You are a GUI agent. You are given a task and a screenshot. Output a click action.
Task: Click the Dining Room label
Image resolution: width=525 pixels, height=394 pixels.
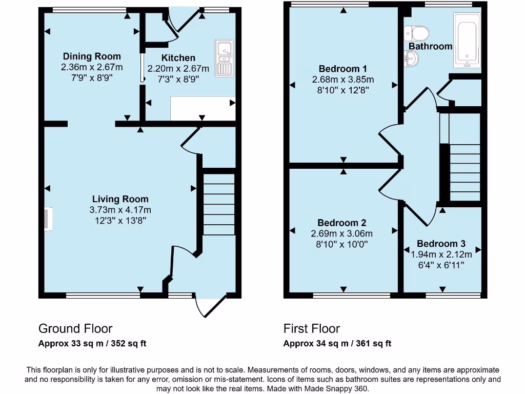pos(92,56)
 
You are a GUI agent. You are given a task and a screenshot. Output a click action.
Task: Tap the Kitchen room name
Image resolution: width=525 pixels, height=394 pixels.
pos(178,58)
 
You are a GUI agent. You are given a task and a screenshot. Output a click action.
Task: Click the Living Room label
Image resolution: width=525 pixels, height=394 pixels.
pos(120,199)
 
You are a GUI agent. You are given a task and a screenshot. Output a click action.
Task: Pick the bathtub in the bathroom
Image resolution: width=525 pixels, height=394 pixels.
pos(466,41)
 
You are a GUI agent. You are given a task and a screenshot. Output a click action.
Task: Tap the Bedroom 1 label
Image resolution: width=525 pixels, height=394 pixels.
pos(343,69)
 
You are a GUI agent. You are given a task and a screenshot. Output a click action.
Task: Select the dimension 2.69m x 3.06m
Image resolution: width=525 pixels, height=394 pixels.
pos(342,233)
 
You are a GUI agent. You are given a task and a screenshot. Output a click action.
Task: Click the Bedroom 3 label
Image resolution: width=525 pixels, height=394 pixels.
pos(441,244)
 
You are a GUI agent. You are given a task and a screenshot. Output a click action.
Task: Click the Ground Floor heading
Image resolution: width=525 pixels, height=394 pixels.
pos(75,328)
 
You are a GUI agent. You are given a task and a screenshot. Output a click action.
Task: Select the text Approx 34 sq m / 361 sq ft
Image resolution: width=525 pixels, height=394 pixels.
pos(337,344)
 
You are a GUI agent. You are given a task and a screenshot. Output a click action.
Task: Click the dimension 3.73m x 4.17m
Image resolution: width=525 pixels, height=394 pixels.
pos(120,210)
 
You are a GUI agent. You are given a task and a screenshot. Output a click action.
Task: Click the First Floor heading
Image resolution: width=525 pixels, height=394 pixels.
pos(312,328)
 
